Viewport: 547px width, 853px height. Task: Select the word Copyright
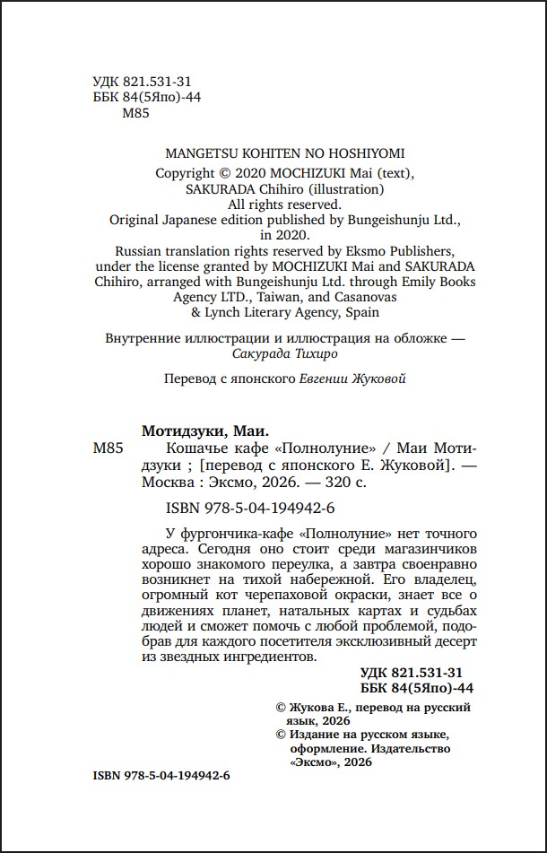[x=185, y=173]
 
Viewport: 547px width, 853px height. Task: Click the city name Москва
[x=169, y=481]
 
